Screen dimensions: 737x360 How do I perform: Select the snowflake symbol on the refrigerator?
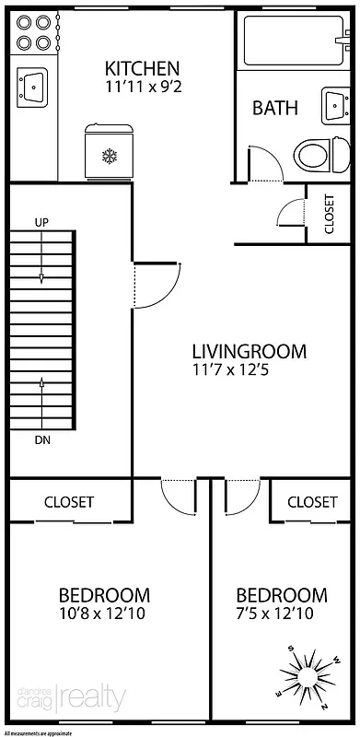[110, 157]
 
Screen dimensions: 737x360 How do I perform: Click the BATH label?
[275, 108]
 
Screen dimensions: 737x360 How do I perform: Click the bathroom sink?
[335, 105]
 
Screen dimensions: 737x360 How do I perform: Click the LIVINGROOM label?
[249, 351]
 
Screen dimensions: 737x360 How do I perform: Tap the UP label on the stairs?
[41, 222]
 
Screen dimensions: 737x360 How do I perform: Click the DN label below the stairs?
[41, 439]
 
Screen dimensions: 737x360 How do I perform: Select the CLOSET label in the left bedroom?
[69, 502]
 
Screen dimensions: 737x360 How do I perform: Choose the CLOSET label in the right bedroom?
[312, 502]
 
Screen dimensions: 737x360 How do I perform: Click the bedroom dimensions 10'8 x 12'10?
[104, 614]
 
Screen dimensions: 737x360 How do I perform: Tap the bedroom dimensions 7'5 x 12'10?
[281, 614]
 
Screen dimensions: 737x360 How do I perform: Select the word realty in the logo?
[93, 699]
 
